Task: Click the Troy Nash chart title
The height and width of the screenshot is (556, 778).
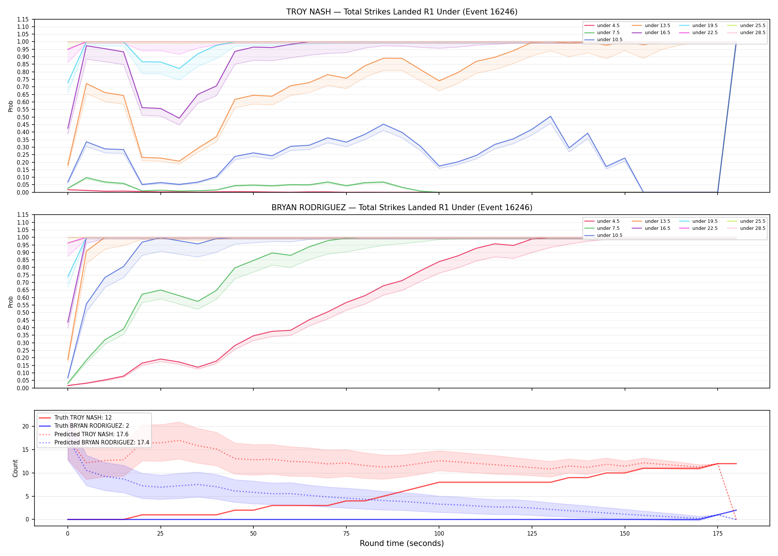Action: [x=402, y=12]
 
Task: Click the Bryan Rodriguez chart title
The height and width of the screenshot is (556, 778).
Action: [x=402, y=208]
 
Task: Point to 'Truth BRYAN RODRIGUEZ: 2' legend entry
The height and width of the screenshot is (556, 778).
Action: [x=84, y=426]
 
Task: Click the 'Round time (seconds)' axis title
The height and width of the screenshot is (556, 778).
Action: [x=402, y=543]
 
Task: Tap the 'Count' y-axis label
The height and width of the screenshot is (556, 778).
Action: [x=15, y=468]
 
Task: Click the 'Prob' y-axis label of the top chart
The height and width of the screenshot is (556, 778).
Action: [x=11, y=106]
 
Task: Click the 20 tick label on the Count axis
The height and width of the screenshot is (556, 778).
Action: [x=26, y=427]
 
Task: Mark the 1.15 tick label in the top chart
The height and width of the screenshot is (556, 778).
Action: [x=23, y=19]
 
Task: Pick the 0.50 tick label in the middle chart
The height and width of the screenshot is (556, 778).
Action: [x=23, y=313]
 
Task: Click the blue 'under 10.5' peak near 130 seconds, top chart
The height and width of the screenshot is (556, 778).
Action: [x=551, y=116]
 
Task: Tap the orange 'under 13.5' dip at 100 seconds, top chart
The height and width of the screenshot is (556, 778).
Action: [x=439, y=81]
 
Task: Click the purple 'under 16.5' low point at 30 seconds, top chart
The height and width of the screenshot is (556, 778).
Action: [x=179, y=118]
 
